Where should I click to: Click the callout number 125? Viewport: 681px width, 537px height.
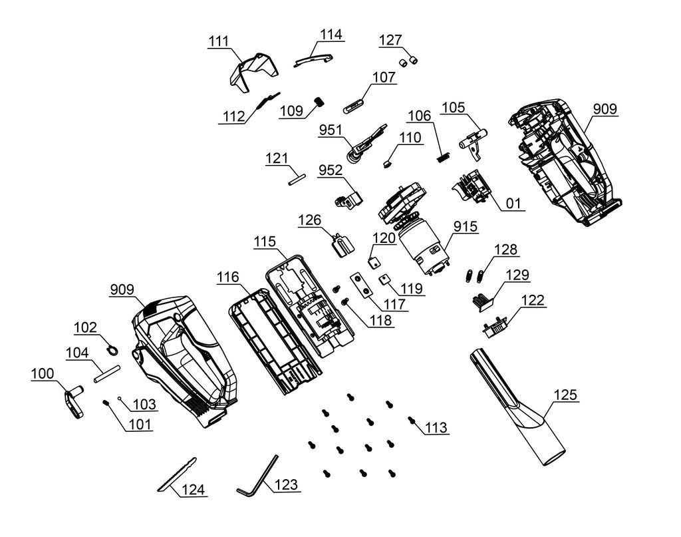[x=565, y=395]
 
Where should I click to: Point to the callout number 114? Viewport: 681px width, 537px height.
[x=332, y=35]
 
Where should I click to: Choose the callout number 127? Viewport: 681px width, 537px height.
[x=390, y=40]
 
